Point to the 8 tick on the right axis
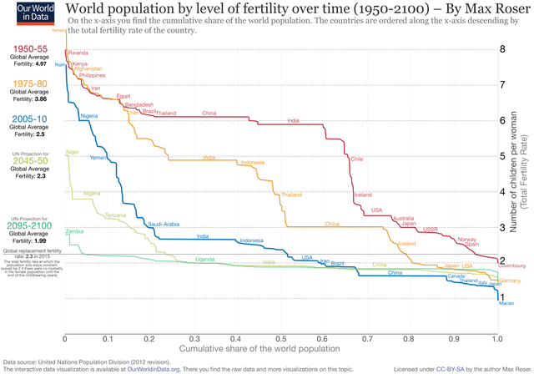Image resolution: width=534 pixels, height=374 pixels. [x=502, y=49]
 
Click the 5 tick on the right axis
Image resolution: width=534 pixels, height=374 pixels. [x=502, y=156]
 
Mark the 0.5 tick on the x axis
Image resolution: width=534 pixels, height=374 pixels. [x=281, y=340]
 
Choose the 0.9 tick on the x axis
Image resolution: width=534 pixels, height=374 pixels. [x=454, y=340]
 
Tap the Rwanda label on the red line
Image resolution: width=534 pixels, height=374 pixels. [x=78, y=53]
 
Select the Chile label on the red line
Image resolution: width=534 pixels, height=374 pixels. [x=357, y=159]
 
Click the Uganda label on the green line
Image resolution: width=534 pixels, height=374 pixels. [x=204, y=260]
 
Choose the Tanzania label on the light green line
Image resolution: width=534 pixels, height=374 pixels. [x=116, y=215]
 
